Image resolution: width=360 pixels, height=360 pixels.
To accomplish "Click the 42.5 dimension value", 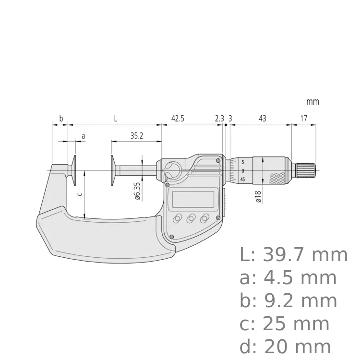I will click(x=177, y=119).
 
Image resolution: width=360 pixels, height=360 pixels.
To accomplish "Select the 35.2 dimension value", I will click(x=136, y=136).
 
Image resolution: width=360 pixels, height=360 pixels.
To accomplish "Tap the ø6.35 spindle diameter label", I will click(x=137, y=191).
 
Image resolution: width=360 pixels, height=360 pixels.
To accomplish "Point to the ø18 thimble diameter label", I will click(x=259, y=197).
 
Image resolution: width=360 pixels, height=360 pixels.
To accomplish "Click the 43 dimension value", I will click(x=262, y=119).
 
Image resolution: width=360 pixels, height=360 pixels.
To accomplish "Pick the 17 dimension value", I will click(x=304, y=119).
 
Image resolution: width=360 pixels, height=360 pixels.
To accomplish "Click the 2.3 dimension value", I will click(x=219, y=119).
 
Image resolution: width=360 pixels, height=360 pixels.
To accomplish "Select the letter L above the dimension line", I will click(x=115, y=119).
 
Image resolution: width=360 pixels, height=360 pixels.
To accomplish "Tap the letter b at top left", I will click(x=60, y=119).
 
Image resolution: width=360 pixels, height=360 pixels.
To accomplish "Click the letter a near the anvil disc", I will click(x=83, y=136).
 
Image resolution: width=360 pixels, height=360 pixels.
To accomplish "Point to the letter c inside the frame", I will click(x=80, y=194).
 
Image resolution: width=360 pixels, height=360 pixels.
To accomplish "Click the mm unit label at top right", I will click(x=312, y=102).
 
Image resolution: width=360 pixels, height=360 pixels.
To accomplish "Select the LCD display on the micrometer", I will click(x=191, y=197).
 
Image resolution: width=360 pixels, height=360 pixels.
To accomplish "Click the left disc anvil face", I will click(x=75, y=170).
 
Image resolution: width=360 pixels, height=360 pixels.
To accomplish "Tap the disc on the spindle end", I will click(x=112, y=170).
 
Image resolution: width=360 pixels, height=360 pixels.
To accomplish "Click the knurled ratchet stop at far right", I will click(x=306, y=170).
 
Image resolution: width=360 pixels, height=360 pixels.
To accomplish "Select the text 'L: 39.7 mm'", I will click(x=293, y=255).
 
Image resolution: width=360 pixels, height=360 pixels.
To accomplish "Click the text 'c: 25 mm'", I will click(x=284, y=324).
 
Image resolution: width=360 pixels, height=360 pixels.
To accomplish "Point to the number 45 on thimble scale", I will click(x=243, y=179).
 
